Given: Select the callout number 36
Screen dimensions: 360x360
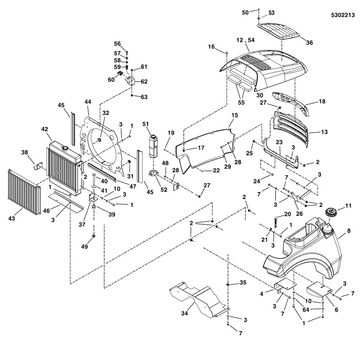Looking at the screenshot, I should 309,43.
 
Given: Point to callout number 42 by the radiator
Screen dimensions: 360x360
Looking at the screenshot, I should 45,129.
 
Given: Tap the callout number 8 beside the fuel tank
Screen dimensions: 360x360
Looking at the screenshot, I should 348,232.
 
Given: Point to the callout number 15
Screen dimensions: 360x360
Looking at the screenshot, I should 234,116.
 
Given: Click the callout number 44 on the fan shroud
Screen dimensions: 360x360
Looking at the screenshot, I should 87,103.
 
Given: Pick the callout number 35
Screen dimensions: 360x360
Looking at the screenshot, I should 243,283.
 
